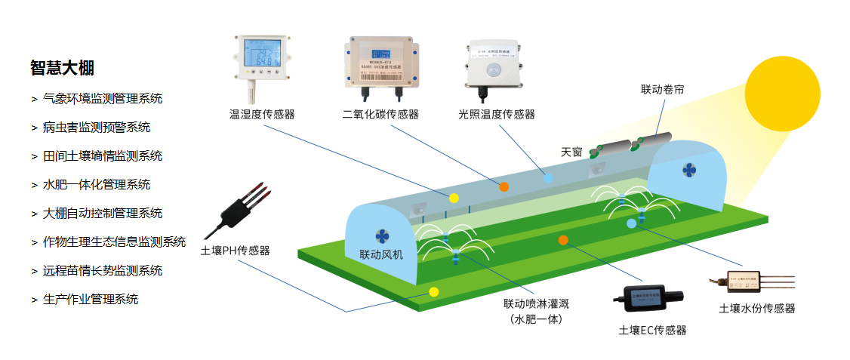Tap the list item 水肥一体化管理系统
96,184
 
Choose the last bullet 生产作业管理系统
90,299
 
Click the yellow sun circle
782,94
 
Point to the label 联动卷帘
662,90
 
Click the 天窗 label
571,152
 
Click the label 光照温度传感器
496,115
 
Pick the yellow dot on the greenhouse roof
454,198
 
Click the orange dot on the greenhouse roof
504,186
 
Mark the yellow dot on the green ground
433,291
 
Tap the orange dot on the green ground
562,240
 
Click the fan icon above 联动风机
380,235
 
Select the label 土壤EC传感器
652,330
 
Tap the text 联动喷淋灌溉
536,304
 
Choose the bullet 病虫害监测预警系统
96,127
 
